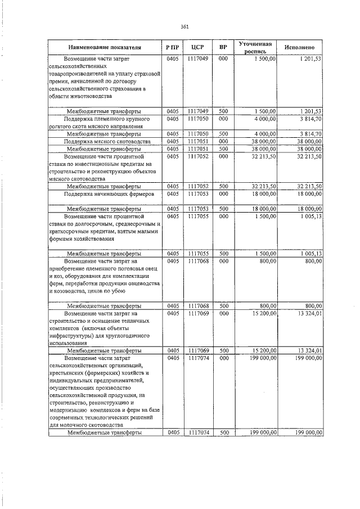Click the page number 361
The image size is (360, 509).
coord(184,26)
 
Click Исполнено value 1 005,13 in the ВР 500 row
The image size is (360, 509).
coord(310,253)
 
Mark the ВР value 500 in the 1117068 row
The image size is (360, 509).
coord(224,305)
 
